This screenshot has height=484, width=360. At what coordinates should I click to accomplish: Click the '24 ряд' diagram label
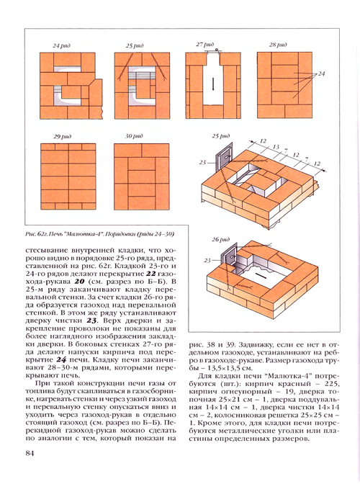coord(61,45)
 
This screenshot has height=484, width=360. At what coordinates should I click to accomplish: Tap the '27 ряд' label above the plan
coord(204,45)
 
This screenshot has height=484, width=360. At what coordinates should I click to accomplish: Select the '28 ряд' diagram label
coord(278,45)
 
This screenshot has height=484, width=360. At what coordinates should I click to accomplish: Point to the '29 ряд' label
coord(63,136)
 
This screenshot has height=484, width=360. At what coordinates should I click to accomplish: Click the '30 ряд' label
coord(134,136)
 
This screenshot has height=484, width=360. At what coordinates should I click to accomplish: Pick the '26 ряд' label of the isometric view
coord(220,240)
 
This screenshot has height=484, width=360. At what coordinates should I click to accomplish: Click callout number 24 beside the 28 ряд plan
coord(321,73)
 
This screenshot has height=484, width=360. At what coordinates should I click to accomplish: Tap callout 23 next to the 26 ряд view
coord(207,261)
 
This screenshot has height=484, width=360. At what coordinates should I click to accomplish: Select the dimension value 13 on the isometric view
coord(276,147)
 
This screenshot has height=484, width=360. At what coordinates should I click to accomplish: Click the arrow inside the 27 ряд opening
coord(213,84)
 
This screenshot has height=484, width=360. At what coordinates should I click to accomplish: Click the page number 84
coord(30,454)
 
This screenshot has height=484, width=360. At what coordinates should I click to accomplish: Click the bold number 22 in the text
coord(150,274)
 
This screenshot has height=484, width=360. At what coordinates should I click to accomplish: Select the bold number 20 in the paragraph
coord(79,282)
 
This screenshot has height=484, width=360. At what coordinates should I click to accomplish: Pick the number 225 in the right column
coord(332,384)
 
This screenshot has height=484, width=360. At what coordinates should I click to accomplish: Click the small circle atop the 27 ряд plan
coord(217,50)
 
